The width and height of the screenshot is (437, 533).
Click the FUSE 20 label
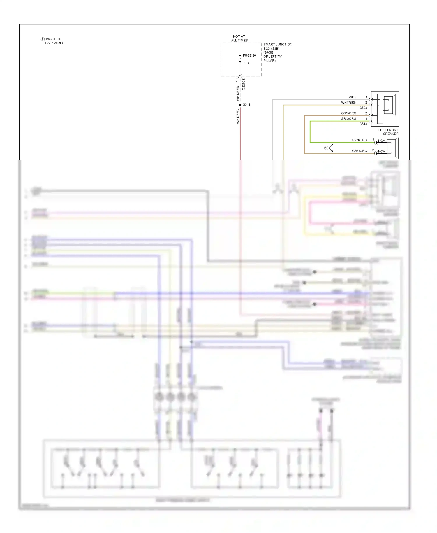[249, 55]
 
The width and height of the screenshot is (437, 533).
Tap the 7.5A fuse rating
[246, 63]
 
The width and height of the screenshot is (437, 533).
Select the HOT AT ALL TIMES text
[239, 38]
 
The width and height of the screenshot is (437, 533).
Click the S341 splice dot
[240, 105]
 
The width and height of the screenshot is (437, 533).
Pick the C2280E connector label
[244, 84]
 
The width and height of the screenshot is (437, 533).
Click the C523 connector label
[363, 108]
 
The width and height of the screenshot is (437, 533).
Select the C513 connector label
[363, 124]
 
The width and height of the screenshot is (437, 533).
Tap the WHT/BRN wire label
[349, 103]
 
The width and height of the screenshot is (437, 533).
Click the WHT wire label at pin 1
[353, 97]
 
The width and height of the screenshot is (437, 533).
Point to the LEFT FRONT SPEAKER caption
[388, 132]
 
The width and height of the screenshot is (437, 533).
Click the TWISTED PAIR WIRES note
[54, 41]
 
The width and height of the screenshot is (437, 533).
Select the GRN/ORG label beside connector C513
[348, 119]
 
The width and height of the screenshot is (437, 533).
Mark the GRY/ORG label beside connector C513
[349, 113]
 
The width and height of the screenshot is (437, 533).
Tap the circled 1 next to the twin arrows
[326, 148]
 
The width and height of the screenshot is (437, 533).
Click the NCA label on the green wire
[381, 141]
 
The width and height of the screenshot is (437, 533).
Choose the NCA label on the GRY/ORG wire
[381, 152]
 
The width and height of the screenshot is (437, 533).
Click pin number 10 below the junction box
[237, 80]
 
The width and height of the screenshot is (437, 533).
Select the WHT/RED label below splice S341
[238, 116]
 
